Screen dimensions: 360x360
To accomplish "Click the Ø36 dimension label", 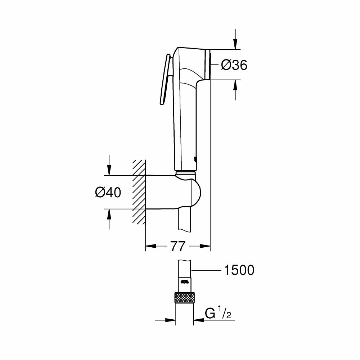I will click(234, 65).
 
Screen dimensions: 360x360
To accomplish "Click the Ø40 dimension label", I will click(108, 193).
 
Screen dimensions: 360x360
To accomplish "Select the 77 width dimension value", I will click(177, 247).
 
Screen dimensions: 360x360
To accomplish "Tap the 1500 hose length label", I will click(239, 270).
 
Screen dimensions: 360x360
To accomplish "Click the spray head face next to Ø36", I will click(207, 64).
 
